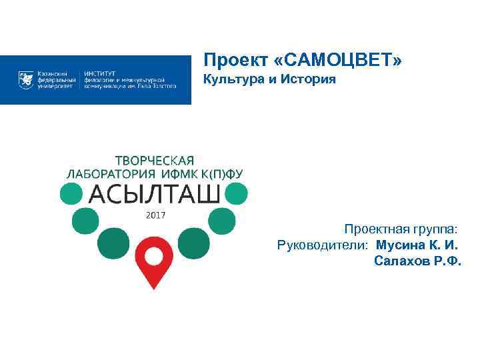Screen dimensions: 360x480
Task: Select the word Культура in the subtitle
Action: (231, 81)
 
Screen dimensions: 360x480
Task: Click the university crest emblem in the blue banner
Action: (26, 80)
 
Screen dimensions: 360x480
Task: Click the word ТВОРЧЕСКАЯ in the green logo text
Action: (155, 160)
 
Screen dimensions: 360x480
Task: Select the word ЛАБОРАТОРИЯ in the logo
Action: (107, 174)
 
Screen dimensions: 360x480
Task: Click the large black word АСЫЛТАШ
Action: (154, 194)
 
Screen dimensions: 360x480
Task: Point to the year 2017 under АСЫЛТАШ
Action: (155, 215)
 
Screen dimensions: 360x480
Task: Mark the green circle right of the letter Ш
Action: (237, 194)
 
